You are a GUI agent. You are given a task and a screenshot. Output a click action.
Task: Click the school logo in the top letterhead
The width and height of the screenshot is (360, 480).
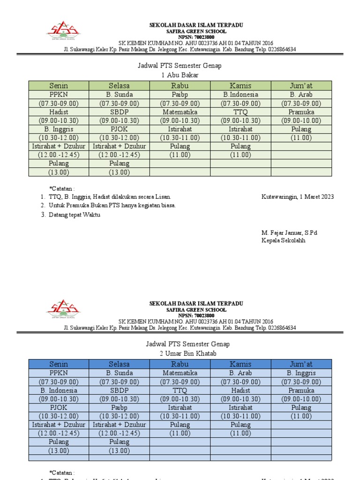tap(63, 30)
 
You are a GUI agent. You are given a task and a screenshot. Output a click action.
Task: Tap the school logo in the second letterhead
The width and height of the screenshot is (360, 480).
tap(63, 309)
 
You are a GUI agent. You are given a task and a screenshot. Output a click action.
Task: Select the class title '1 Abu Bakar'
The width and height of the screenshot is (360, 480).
tap(180, 75)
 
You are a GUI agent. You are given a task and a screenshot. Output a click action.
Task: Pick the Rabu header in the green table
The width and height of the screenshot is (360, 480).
tap(180, 85)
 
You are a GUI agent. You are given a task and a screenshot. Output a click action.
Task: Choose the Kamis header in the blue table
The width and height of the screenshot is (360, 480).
tap(240, 364)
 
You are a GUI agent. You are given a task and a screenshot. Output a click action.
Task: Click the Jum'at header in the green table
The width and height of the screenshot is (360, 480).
tap(301, 85)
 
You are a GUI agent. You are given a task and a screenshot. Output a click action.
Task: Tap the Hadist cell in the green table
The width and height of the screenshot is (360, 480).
tap(59, 112)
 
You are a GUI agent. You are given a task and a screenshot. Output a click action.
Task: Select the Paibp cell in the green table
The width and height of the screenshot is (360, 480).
tap(180, 95)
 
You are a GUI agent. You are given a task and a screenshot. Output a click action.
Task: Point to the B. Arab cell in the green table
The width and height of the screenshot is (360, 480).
tap(301, 95)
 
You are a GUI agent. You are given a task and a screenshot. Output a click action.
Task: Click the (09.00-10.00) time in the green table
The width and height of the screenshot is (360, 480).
tap(301, 120)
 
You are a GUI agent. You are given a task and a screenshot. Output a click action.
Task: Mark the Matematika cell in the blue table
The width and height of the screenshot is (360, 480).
tap(180, 373)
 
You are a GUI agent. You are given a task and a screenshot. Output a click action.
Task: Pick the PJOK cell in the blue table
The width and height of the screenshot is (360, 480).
tap(59, 408)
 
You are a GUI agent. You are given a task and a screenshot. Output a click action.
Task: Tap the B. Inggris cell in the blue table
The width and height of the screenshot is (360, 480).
tap(301, 373)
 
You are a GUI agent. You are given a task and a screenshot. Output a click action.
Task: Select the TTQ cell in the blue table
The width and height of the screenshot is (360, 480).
tap(180, 390)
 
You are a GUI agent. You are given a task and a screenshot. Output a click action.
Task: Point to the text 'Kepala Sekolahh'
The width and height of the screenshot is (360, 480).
tap(283, 240)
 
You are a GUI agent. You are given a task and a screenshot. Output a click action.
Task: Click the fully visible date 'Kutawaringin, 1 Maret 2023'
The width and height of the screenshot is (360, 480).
tap(297, 197)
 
